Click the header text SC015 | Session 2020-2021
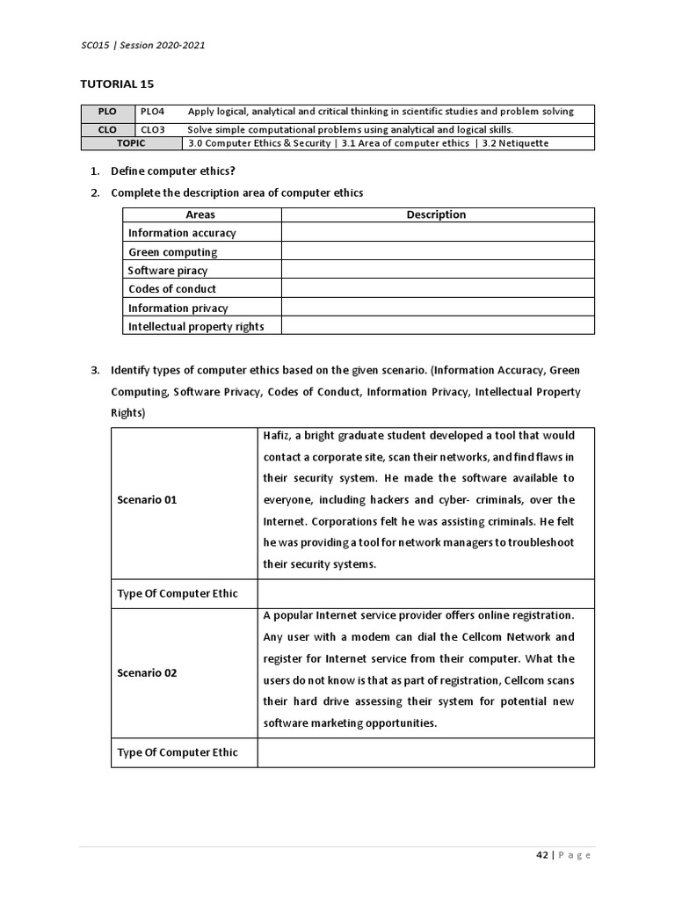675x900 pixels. coord(142,46)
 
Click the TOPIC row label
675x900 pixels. coord(131,142)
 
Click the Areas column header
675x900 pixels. coord(200,214)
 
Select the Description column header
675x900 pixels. coord(436,214)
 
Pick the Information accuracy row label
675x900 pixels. coord(182,233)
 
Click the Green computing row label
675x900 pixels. coord(172,252)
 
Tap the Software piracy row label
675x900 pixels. coord(168,271)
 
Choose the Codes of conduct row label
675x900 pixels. coord(172,289)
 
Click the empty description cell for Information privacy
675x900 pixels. coord(437,308)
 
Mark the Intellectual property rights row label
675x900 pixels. coord(196,326)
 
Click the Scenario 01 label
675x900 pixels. coord(147,499)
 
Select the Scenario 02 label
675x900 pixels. coord(147,672)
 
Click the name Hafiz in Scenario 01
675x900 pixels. coord(276,436)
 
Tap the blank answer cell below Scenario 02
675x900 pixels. coord(425,752)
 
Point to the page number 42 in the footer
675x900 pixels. coord(541,855)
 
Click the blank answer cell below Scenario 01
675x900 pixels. coord(425,593)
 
